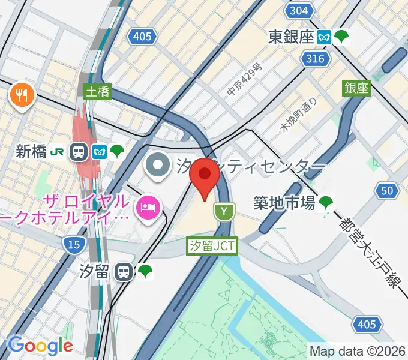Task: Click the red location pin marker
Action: (x=205, y=175)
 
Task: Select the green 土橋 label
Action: (x=97, y=91)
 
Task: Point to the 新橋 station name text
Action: (x=31, y=151)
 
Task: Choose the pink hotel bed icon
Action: (x=147, y=208)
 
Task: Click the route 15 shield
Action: (x=72, y=243)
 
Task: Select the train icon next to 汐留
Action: (x=124, y=272)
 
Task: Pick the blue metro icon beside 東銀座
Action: (x=325, y=37)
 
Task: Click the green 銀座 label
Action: (x=356, y=88)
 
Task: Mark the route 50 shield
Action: (x=387, y=191)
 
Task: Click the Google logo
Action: (x=40, y=346)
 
